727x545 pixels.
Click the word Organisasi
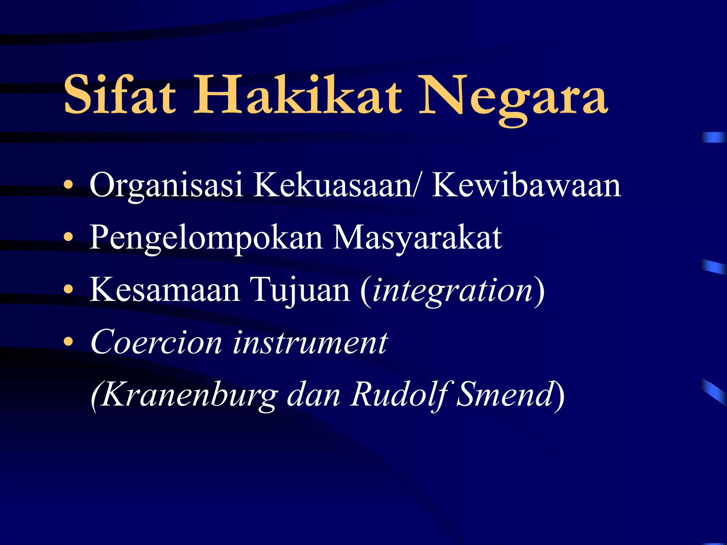pyautogui.click(x=166, y=186)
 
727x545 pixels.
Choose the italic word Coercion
pyautogui.click(x=156, y=342)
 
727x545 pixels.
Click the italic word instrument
pyautogui.click(x=310, y=342)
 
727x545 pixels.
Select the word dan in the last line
pyautogui.click(x=313, y=395)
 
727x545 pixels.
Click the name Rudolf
pyautogui.click(x=399, y=395)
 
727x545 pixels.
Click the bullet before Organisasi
pyautogui.click(x=68, y=185)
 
